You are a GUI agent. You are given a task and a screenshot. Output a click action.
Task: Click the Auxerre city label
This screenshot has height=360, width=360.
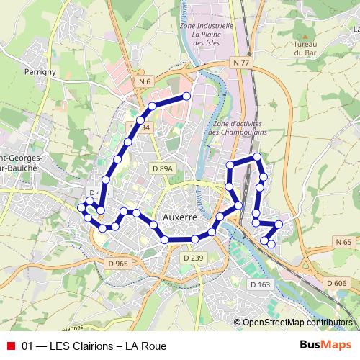pos(180,216)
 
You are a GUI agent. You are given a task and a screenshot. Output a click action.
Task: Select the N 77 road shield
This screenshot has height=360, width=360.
pos(241,63)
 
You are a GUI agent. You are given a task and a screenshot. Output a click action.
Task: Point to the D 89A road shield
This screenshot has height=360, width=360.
pos(163,168)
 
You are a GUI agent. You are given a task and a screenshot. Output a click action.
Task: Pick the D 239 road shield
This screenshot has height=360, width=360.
pos(193,258)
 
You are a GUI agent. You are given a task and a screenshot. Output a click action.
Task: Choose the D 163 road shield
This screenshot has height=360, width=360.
pos(260,284)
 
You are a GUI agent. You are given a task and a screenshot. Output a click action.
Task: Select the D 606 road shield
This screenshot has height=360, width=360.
pos(336,283)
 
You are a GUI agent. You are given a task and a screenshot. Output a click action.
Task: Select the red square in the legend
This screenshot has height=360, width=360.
pos(10,346)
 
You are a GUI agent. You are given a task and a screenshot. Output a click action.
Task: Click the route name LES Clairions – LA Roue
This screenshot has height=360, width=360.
pos(94,346)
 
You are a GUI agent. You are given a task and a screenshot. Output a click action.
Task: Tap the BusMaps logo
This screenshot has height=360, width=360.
pos(325,346)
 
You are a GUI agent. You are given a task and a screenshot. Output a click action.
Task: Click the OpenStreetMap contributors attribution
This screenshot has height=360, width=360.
pos(297,323)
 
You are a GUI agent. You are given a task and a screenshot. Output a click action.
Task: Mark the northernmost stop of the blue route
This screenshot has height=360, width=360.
pos(186,96)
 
